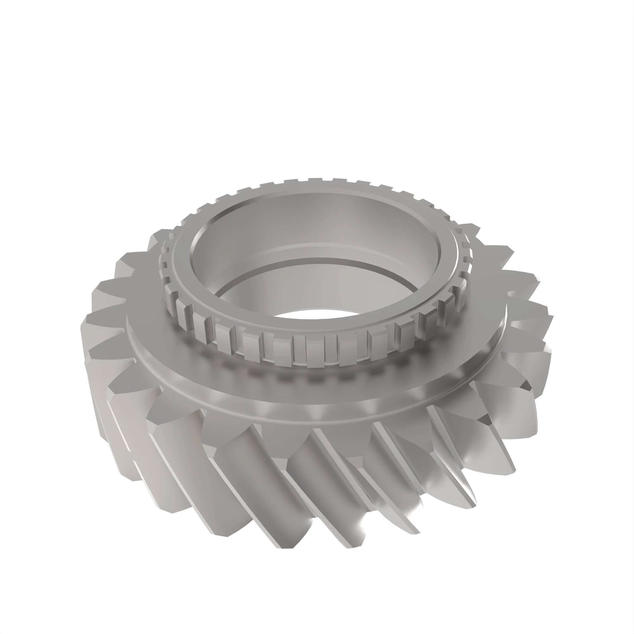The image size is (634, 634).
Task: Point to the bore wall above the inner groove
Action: [x=315, y=230]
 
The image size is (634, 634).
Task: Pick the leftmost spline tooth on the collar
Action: [x=162, y=262]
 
